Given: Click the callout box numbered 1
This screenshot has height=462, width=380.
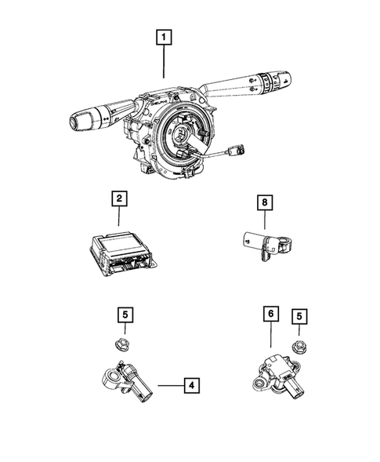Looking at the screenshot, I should tap(163, 37).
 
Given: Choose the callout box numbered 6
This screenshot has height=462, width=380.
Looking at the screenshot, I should tap(270, 315).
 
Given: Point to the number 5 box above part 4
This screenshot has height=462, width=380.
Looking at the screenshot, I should tap(124, 315).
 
